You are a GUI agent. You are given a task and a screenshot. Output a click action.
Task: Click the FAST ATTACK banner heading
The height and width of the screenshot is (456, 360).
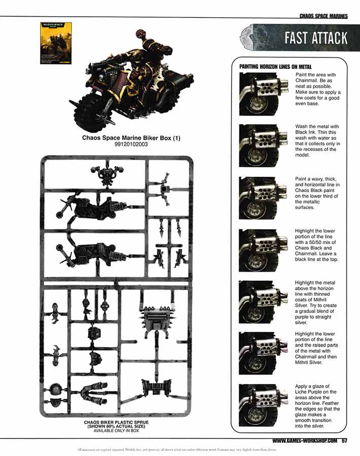[315, 38]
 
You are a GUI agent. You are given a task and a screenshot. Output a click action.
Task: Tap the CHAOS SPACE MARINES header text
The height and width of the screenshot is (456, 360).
[323, 16]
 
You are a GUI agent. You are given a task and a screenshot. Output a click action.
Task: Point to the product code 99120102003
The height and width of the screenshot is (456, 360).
[131, 144]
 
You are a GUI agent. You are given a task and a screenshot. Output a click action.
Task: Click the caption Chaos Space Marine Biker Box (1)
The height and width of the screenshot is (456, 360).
[131, 137]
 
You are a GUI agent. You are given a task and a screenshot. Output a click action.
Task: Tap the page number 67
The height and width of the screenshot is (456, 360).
[344, 440]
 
